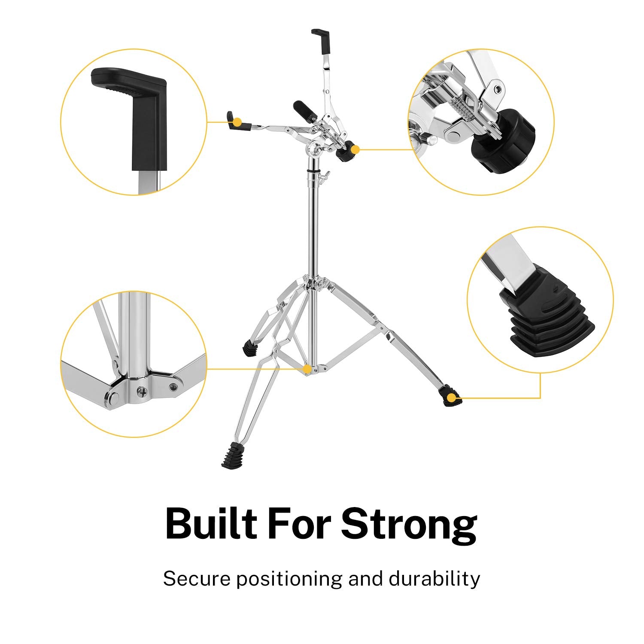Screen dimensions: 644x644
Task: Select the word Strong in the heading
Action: [409, 525]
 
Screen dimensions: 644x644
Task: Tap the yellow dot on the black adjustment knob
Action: [355, 149]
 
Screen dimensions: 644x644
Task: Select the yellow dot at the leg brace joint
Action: [307, 369]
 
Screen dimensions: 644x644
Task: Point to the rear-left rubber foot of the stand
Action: [249, 348]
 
